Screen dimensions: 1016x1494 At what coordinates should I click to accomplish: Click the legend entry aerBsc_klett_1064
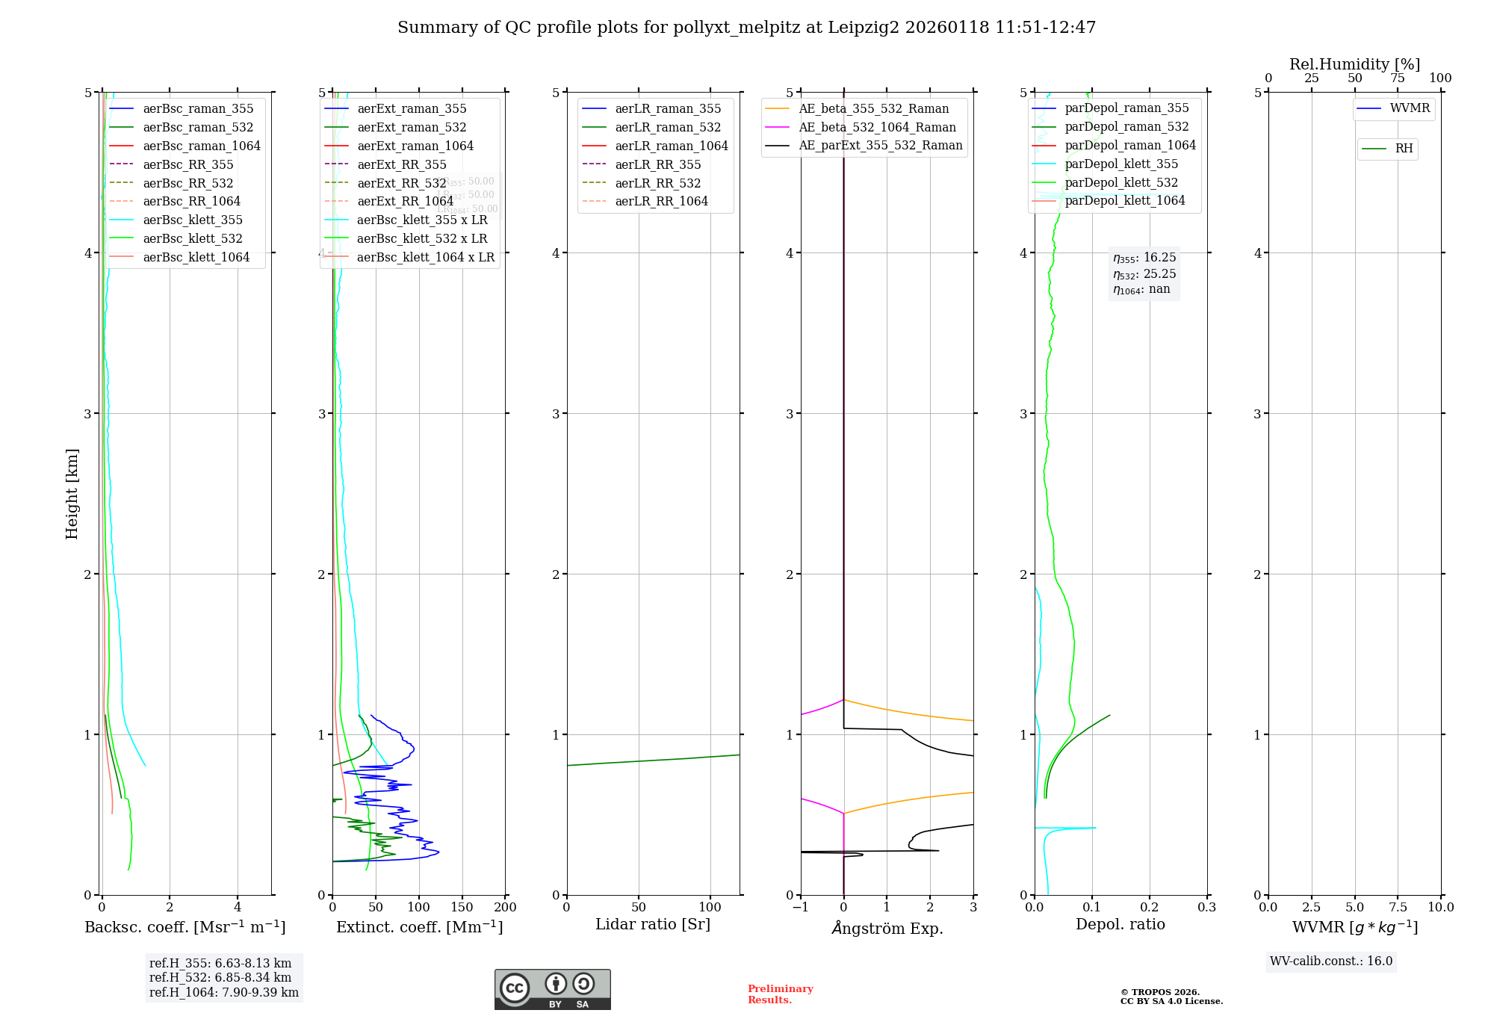pos(196,257)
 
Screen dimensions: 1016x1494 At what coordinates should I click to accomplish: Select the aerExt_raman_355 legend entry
pos(412,109)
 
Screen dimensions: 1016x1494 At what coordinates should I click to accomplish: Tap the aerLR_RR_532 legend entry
pos(657,183)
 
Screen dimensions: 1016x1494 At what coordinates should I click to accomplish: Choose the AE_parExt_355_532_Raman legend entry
pos(880,146)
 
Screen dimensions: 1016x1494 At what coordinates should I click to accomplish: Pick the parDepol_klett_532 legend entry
pos(1120,182)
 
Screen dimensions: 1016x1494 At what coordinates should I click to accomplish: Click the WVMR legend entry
pos(1410,108)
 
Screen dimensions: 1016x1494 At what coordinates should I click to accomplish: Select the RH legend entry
pos(1404,149)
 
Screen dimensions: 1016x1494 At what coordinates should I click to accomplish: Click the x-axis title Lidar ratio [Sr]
pos(653,924)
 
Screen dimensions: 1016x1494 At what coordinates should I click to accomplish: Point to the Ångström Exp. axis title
pos(887,928)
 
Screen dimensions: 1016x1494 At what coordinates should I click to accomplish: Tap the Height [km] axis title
pos(72,493)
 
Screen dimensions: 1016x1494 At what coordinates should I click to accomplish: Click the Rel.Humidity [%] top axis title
pos(1354,64)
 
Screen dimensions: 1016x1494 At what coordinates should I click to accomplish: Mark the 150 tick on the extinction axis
pos(462,907)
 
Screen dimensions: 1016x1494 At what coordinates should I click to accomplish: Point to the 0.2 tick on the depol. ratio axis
pos(1150,907)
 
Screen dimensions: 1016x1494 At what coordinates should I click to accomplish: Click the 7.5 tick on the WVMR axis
pos(1398,907)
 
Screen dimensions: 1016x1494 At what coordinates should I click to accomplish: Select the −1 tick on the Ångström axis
pos(800,907)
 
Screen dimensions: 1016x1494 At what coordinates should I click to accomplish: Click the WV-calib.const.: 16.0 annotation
pos(1331,961)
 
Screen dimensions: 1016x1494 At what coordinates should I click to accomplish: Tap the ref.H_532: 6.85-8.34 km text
pos(220,977)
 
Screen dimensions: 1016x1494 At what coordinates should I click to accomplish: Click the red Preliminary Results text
pos(780,994)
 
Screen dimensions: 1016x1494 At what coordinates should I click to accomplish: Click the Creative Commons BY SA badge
pos(552,989)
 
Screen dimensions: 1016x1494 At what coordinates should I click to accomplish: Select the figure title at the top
pos(746,28)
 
